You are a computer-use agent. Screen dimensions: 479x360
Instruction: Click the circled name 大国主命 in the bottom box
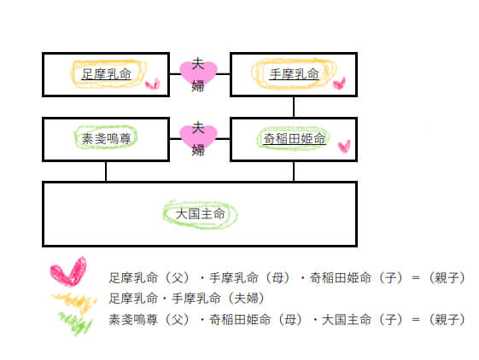point(200,214)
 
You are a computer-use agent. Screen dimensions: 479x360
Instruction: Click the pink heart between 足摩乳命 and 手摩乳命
point(198,73)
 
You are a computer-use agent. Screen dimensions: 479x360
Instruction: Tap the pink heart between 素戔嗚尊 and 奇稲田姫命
point(198,138)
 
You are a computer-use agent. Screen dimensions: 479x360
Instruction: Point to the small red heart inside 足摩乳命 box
point(153,84)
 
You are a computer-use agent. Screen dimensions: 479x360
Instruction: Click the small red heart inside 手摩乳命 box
point(339,83)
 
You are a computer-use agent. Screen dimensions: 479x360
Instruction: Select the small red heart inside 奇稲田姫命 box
point(344,147)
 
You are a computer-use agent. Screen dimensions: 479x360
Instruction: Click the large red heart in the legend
point(69,272)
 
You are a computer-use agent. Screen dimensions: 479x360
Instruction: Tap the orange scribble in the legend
point(75,302)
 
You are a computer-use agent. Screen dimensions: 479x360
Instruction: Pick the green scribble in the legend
point(76,322)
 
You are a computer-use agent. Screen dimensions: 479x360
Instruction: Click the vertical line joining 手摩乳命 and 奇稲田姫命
point(294,107)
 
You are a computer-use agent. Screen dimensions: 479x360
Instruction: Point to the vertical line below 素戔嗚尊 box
point(106,171)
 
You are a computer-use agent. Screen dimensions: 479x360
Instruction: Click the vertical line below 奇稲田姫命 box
point(294,171)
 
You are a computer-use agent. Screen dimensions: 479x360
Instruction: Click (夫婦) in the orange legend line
point(247,299)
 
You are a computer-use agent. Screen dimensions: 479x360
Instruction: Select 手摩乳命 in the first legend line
point(234,278)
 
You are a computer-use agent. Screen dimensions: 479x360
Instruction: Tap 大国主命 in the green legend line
point(347,320)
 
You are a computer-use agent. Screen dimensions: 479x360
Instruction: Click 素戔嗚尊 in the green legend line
point(133,320)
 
